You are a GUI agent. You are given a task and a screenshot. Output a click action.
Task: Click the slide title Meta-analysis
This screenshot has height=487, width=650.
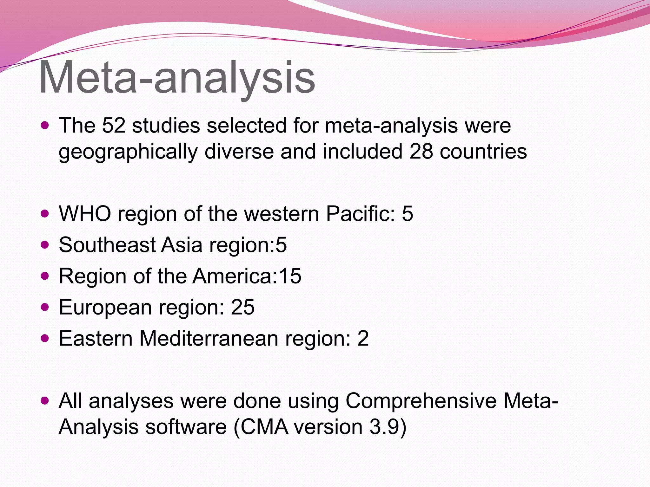point(177,78)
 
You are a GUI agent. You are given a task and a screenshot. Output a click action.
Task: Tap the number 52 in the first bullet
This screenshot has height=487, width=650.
point(114,125)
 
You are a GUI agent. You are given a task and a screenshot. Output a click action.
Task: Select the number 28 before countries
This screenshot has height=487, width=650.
point(421,151)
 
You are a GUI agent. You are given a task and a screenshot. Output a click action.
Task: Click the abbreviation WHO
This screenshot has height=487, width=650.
point(85,213)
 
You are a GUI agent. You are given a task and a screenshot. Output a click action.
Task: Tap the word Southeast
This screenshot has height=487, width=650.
point(107,245)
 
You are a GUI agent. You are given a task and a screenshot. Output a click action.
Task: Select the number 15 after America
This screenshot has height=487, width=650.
point(290,276)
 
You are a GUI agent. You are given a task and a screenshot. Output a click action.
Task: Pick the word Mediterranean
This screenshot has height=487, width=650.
point(209,338)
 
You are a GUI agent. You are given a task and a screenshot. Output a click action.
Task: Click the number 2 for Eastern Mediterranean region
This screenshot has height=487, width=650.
point(363,338)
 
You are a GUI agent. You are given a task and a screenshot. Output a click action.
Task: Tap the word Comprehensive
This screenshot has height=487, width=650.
point(421,401)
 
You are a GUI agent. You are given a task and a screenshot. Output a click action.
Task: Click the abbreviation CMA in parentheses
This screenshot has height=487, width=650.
point(264,427)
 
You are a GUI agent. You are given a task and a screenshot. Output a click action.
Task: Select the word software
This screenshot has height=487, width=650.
point(186,427)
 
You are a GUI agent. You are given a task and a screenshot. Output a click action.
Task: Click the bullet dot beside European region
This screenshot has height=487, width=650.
point(45,307)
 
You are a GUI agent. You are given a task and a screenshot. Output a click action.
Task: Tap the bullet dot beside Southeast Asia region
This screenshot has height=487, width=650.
point(45,245)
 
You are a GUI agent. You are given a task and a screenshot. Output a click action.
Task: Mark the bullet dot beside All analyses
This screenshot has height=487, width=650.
point(45,400)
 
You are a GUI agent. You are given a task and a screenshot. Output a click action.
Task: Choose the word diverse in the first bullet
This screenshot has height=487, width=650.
point(239,151)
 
